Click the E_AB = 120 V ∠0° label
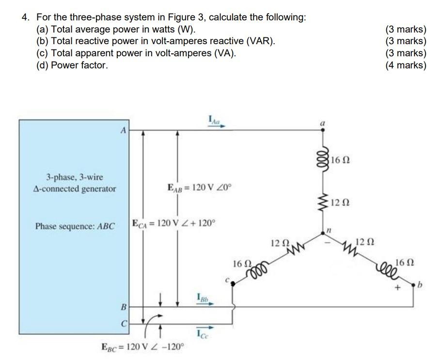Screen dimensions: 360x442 click(200, 188)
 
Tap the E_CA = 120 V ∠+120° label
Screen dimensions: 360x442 click(173, 224)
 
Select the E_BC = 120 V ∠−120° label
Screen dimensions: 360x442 click(142, 347)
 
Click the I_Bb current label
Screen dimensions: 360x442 click(204, 297)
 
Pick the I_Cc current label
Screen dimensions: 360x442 click(204, 333)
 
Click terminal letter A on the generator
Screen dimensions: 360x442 click(123, 130)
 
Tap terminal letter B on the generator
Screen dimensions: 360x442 click(123, 307)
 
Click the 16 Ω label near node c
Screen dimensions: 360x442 click(241, 264)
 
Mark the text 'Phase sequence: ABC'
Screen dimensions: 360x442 click(75, 226)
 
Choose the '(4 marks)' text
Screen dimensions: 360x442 click(406, 65)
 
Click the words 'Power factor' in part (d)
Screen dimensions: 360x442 click(79, 65)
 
